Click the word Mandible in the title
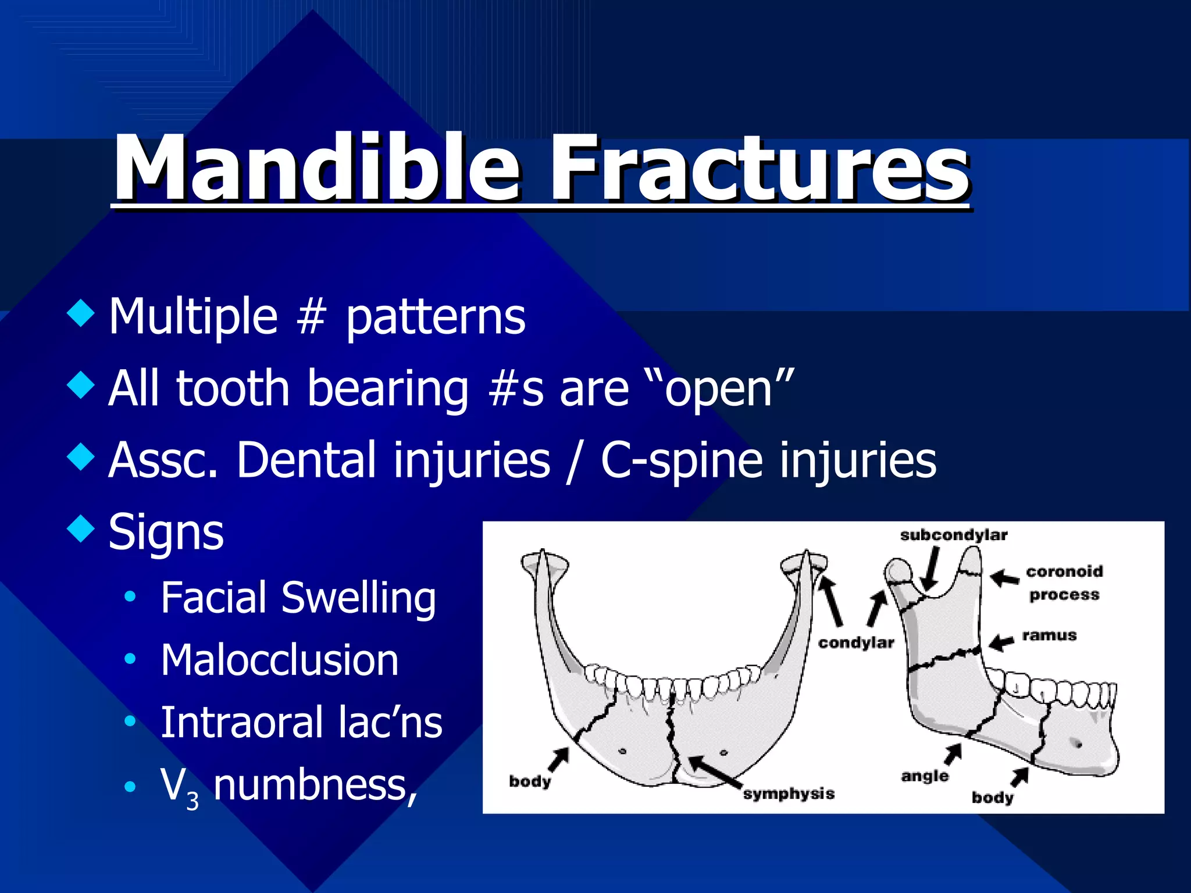[x=317, y=169]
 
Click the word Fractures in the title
[x=759, y=169]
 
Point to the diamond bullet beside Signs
[x=80, y=528]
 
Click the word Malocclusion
[x=279, y=660]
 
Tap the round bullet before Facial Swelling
[x=130, y=596]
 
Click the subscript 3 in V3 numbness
[x=192, y=802]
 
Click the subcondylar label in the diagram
[x=953, y=535]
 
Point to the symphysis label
[x=789, y=794]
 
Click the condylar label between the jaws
[x=855, y=642]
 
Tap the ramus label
[x=1049, y=635]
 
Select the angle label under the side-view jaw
[x=925, y=776]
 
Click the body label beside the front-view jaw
[x=529, y=781]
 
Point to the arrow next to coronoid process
[x=1004, y=578]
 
